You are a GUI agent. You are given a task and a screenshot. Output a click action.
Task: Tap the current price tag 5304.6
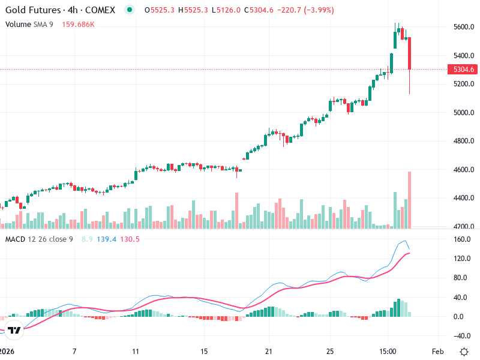(464, 70)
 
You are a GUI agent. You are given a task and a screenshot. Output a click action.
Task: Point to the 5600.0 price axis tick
(464, 27)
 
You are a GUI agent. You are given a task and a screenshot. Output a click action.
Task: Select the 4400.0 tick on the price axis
(464, 198)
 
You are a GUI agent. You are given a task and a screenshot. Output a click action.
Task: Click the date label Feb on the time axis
(437, 351)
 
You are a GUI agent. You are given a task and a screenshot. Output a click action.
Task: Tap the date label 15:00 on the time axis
(388, 351)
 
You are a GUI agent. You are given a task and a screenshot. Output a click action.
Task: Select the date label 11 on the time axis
(136, 351)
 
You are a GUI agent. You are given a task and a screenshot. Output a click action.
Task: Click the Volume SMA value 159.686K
(79, 24)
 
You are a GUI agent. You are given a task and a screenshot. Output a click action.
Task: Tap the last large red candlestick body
(410, 53)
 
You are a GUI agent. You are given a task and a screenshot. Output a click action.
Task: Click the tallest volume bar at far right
(410, 200)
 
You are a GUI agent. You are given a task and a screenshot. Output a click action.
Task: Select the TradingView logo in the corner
(16, 330)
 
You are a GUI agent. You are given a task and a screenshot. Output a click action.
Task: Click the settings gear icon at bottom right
(464, 351)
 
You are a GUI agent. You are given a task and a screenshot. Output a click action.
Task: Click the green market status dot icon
(130, 10)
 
